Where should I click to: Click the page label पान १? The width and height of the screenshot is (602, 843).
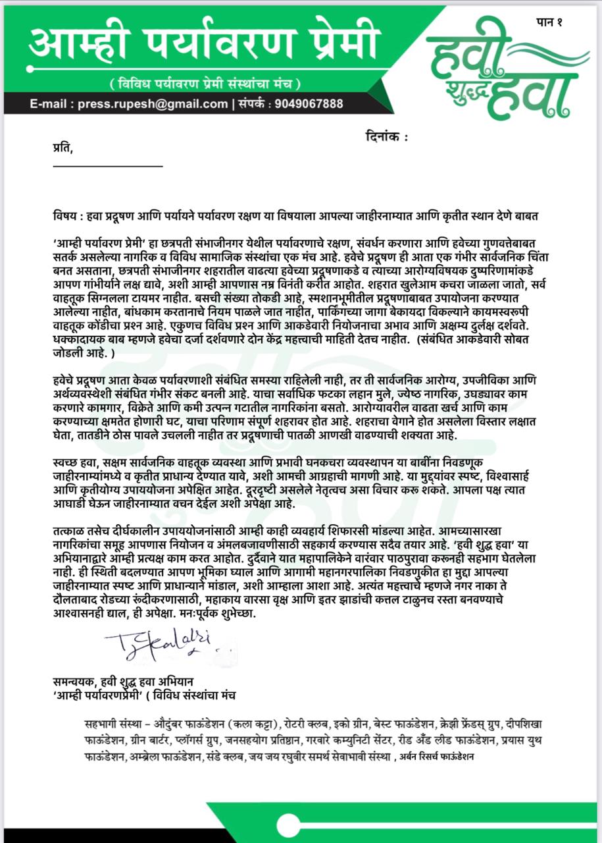(551, 23)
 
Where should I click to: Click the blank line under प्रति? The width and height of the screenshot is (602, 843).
(107, 166)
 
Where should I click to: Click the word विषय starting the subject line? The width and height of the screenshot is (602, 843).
(66, 217)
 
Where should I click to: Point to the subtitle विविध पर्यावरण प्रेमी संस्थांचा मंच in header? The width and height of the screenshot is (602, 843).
(206, 84)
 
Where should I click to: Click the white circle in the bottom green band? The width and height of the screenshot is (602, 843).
(288, 826)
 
